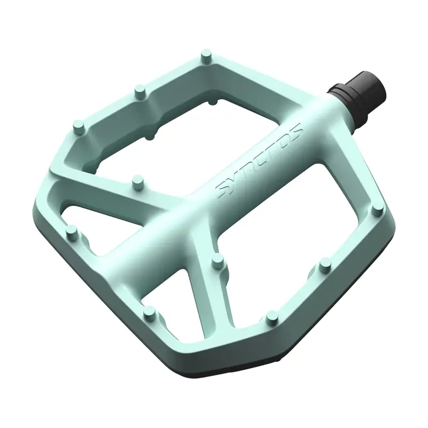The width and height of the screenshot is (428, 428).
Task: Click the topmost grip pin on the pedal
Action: (x=205, y=55)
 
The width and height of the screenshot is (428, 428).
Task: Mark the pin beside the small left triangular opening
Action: (x=71, y=231)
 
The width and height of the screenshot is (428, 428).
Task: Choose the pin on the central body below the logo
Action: (x=217, y=261)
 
